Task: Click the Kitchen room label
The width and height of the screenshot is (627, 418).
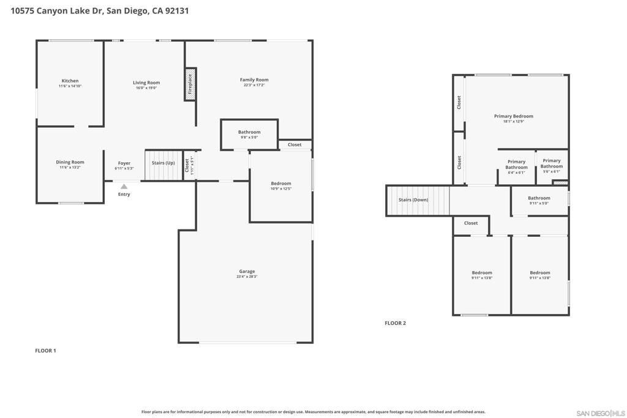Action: click(x=70, y=81)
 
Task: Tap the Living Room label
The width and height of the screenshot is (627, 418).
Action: click(x=146, y=83)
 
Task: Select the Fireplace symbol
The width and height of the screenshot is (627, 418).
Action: click(x=190, y=84)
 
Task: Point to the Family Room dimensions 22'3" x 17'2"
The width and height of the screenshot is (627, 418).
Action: click(x=254, y=85)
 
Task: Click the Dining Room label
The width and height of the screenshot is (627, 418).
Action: click(x=70, y=162)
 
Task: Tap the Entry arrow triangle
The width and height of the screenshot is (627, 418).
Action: click(x=124, y=187)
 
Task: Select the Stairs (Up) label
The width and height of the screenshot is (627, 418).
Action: click(x=163, y=163)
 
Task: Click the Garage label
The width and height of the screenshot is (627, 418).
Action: click(x=247, y=271)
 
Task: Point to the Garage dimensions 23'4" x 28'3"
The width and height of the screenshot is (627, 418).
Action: click(x=247, y=277)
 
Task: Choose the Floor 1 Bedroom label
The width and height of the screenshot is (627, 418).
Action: click(x=281, y=184)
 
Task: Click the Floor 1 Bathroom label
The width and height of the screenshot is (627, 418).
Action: click(x=249, y=132)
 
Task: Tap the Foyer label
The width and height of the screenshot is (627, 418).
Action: click(x=124, y=163)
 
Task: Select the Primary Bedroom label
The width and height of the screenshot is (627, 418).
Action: click(x=514, y=116)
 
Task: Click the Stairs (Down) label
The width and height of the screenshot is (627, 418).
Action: click(x=413, y=200)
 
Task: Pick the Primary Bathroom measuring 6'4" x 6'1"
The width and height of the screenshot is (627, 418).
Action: click(x=516, y=165)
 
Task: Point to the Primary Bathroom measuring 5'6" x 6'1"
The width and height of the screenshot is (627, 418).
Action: click(x=551, y=163)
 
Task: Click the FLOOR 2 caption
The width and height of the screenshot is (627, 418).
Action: click(x=395, y=323)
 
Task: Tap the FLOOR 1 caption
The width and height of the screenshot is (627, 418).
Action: click(x=45, y=351)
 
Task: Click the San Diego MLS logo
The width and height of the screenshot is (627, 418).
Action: click(x=601, y=412)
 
